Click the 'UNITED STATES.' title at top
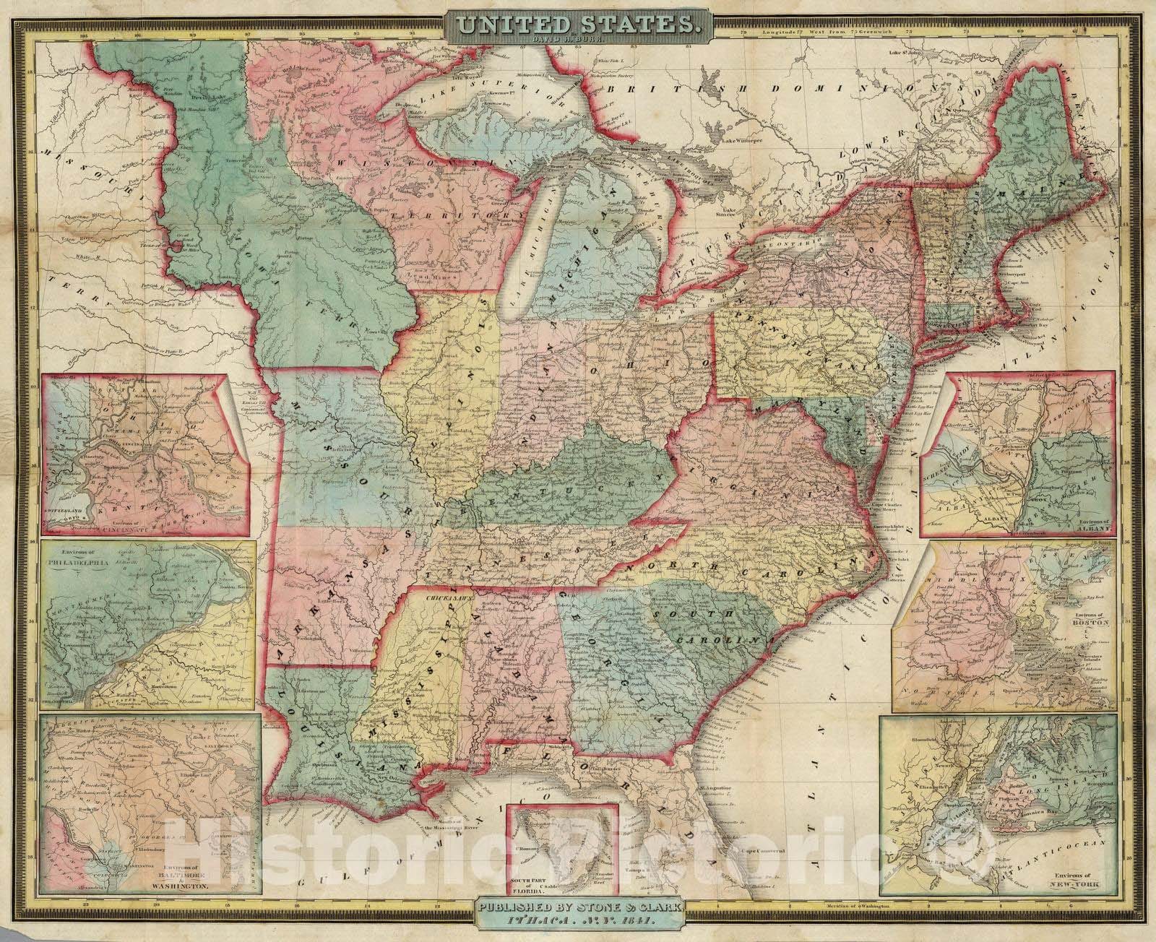pyautogui.click(x=577, y=24)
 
